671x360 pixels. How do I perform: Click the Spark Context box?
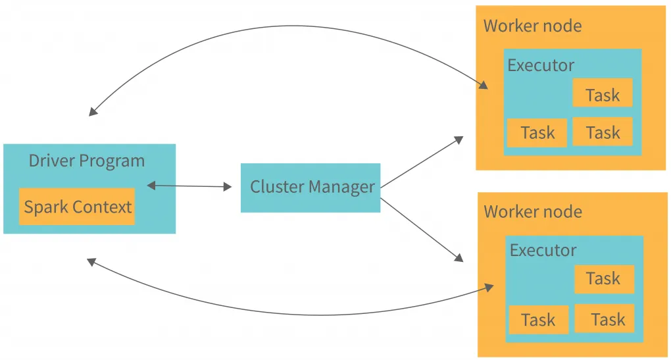[77, 207]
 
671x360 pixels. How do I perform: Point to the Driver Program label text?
[86, 161]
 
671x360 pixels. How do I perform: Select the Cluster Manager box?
[311, 188]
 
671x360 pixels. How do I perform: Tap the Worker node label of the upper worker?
[532, 26]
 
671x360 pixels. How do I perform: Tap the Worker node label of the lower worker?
[532, 212]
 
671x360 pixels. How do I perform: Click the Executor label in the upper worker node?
[541, 65]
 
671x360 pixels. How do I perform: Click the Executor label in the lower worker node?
[543, 250]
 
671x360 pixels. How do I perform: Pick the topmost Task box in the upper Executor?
[602, 93]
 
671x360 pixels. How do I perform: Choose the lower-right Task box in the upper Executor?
[602, 132]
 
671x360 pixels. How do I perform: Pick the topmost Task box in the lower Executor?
[603, 279]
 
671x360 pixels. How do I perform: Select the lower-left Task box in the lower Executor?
[538, 320]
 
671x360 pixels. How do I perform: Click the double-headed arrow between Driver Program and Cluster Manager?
[189, 186]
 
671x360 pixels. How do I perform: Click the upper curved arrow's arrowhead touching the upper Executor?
[484, 86]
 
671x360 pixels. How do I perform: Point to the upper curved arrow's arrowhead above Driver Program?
[93, 112]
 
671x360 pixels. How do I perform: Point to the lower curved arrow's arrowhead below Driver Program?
[91, 262]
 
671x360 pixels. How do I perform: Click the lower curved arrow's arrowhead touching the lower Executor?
[489, 288]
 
